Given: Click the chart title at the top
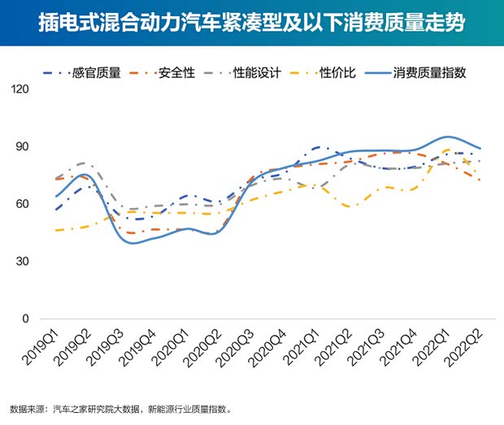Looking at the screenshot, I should tap(252, 22).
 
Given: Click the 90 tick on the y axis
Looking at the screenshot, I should tap(21, 147).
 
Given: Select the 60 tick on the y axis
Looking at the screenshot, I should tap(21, 204).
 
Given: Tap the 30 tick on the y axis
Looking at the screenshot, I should tap(21, 262).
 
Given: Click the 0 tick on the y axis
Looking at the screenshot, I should tap(24, 319).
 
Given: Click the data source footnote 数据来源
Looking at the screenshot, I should tap(122, 409).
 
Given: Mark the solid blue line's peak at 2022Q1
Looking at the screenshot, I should tap(447, 137).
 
